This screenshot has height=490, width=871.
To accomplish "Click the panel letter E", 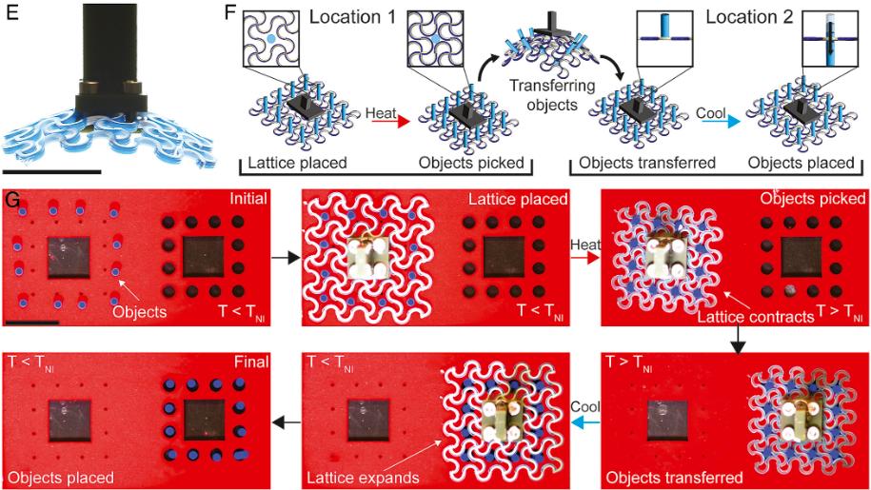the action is pyautogui.click(x=10, y=11).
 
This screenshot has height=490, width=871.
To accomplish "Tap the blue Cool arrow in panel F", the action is pyautogui.click(x=719, y=122).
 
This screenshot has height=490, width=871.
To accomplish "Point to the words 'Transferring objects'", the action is pyautogui.click(x=552, y=95).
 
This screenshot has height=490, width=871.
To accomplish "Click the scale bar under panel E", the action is pyautogui.click(x=51, y=172).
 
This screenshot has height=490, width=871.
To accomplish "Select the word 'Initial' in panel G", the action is pyautogui.click(x=248, y=198).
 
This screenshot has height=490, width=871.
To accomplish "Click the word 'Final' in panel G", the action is pyautogui.click(x=251, y=362).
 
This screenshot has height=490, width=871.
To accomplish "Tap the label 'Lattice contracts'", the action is pyautogui.click(x=756, y=317).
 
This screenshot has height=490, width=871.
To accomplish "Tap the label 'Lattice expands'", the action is pyautogui.click(x=364, y=478).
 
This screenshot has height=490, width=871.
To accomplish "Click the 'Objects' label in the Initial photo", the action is pyautogui.click(x=139, y=311).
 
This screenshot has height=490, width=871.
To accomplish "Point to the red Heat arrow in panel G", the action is pyautogui.click(x=585, y=258).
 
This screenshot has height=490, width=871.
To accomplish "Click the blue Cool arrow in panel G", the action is pyautogui.click(x=585, y=423).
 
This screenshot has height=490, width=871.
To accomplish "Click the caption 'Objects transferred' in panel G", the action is pyautogui.click(x=674, y=478).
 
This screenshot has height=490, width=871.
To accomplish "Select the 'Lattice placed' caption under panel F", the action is pyautogui.click(x=297, y=163).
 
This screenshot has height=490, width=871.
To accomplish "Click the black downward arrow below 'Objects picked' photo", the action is pyautogui.click(x=738, y=340).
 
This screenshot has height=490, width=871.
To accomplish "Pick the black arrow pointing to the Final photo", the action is pyautogui.click(x=287, y=423).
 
